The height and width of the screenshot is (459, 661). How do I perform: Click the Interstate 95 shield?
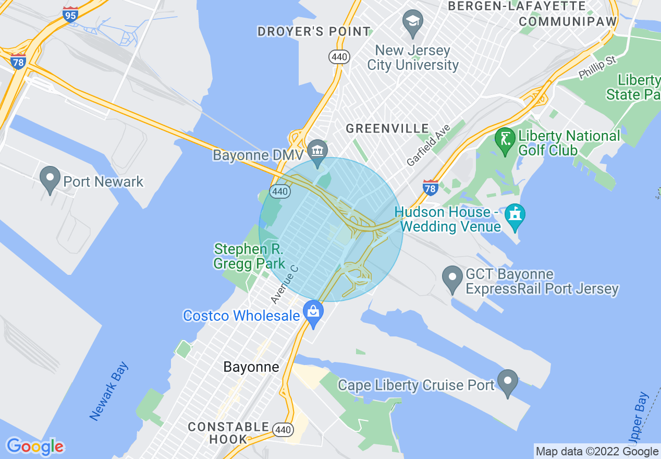pos(70,14)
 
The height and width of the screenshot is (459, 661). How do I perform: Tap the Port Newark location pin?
pos(50,179)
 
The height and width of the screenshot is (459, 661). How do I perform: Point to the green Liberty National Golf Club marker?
pos(505,141)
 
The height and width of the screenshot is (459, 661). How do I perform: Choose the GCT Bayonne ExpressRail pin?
pos(452,280)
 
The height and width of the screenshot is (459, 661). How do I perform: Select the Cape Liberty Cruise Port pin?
pos(508,383)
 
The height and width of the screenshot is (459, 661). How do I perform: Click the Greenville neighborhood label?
pos(387,128)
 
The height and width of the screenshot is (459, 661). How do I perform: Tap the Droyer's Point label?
pos(314,31)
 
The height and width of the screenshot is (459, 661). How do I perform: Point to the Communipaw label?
pos(568,21)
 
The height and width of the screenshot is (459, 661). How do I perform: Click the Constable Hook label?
pos(228,433)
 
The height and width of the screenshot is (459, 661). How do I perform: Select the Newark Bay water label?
pos(109,391)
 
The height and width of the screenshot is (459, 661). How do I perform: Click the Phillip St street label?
pos(597,67)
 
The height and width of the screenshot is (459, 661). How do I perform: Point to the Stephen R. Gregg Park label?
pos(249,256)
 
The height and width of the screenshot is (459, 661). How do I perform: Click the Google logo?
pos(35,446)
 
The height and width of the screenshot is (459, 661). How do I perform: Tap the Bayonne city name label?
pos(251,367)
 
